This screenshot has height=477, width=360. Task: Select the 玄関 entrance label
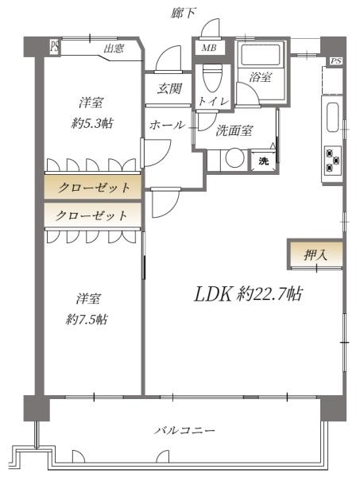point(165,88)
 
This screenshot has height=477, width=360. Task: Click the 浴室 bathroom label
point(259,78)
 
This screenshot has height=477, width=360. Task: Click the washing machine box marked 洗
point(264,161)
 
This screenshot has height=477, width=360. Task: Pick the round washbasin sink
point(234,159)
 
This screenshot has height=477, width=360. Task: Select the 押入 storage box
point(315,255)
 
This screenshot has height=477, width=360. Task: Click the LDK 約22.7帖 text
point(248,294)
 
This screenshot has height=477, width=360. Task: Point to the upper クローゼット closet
point(93,188)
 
